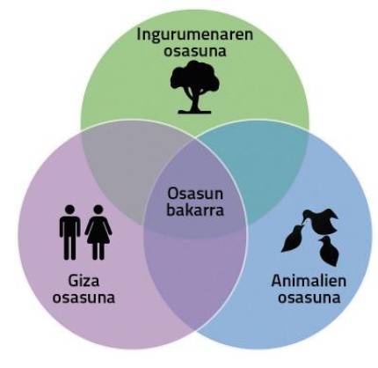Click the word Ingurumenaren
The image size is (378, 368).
pos(195,35)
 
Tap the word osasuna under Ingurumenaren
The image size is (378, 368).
pos(195,51)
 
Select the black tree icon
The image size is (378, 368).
pos(194,87)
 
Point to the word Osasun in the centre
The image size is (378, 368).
pos(195,194)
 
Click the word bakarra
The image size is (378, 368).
pos(195,210)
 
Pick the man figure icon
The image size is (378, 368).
pos(69,232)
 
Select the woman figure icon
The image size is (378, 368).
pos(98,232)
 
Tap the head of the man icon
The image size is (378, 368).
pos(69,210)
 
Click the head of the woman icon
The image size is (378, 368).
pos(98,210)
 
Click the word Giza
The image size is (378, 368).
pos(84,282)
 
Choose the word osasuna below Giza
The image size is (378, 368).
pos(84,298)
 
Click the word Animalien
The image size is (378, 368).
pos(309,281)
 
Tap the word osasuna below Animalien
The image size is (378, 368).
pos(309,298)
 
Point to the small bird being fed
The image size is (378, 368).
pos(292,239)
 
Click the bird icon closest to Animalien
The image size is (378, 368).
pos(329,251)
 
